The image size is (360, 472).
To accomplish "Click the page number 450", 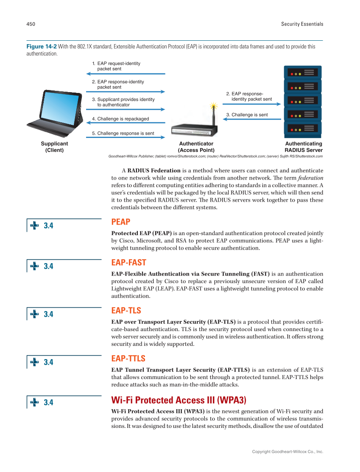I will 31,24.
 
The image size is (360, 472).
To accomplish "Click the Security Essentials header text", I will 302,24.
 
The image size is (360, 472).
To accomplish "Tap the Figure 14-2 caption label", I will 41,47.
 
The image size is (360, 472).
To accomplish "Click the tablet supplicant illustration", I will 55,112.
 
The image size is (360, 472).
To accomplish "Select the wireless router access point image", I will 194,129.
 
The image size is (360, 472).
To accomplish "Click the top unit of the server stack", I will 302,72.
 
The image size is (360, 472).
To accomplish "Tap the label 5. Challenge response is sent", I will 123,133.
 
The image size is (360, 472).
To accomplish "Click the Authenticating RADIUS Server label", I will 303,147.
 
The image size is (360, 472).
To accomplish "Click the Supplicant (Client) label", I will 54,147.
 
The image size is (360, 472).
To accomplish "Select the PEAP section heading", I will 120,222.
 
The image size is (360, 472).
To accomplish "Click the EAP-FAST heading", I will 128,263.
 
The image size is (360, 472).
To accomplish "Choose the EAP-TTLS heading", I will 128,359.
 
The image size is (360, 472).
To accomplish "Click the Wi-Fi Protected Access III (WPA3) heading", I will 178,400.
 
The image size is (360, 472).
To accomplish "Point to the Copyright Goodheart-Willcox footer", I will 287,452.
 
